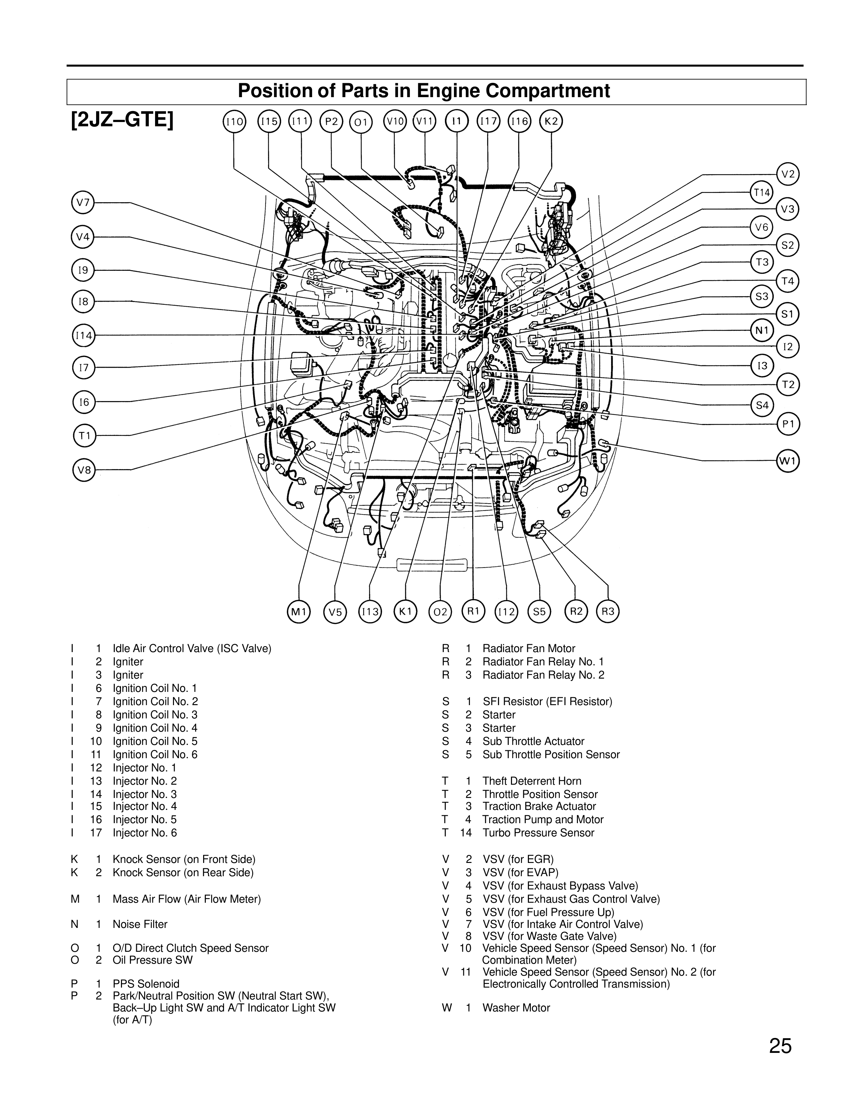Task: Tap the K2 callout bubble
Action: tap(551, 122)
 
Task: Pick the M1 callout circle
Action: tap(299, 612)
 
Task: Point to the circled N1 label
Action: tap(762, 330)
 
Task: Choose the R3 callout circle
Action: tap(608, 611)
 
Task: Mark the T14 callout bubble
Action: tap(762, 192)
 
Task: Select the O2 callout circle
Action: tap(440, 612)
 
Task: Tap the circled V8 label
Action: tap(84, 470)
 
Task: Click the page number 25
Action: tap(780, 1046)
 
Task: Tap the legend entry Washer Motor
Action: tap(516, 1008)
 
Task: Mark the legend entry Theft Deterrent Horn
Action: tap(532, 781)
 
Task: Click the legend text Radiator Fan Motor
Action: tap(529, 649)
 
